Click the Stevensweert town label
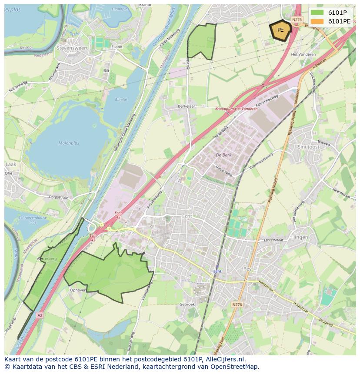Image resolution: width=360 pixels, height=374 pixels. click(x=72, y=48)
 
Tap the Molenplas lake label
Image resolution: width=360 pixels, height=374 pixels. click(x=67, y=143)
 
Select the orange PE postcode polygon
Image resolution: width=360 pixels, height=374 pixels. click(x=280, y=30)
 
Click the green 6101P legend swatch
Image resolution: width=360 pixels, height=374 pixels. click(x=317, y=13)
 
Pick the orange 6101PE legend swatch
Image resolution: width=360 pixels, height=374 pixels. click(x=317, y=21)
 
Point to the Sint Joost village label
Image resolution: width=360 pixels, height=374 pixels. click(x=308, y=147)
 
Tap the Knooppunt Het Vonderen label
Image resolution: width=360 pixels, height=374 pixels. click(x=236, y=109)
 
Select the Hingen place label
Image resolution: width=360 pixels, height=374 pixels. click(x=300, y=237)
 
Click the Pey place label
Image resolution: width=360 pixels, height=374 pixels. click(x=247, y=269)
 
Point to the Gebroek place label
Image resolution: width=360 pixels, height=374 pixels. click(x=187, y=304)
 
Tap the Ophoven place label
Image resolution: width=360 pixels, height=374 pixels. click(x=78, y=290)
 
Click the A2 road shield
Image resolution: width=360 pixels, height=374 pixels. click(x=40, y=315)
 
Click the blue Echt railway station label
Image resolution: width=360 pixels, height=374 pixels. click(x=217, y=271)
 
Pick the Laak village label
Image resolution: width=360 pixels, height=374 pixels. click(x=10, y=165)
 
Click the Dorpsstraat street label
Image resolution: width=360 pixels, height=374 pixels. click(x=59, y=197)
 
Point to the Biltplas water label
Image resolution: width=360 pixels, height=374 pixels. click(x=121, y=99)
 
